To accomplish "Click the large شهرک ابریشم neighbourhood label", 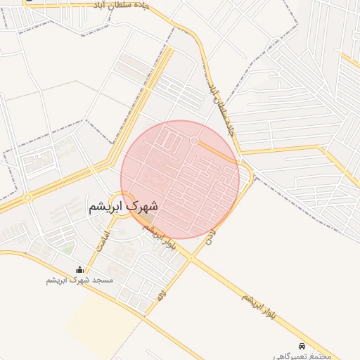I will coord(123,207).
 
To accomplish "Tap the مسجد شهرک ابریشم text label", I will coord(79,280).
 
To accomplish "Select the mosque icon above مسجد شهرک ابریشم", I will coord(79,269).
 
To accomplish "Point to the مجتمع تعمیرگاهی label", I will coord(302,356).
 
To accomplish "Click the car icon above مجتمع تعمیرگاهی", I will coord(302,346).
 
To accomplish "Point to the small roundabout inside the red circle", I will coord(193,141).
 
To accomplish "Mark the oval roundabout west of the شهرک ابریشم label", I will coord(27,198).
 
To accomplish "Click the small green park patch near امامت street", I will coord(67,247).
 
